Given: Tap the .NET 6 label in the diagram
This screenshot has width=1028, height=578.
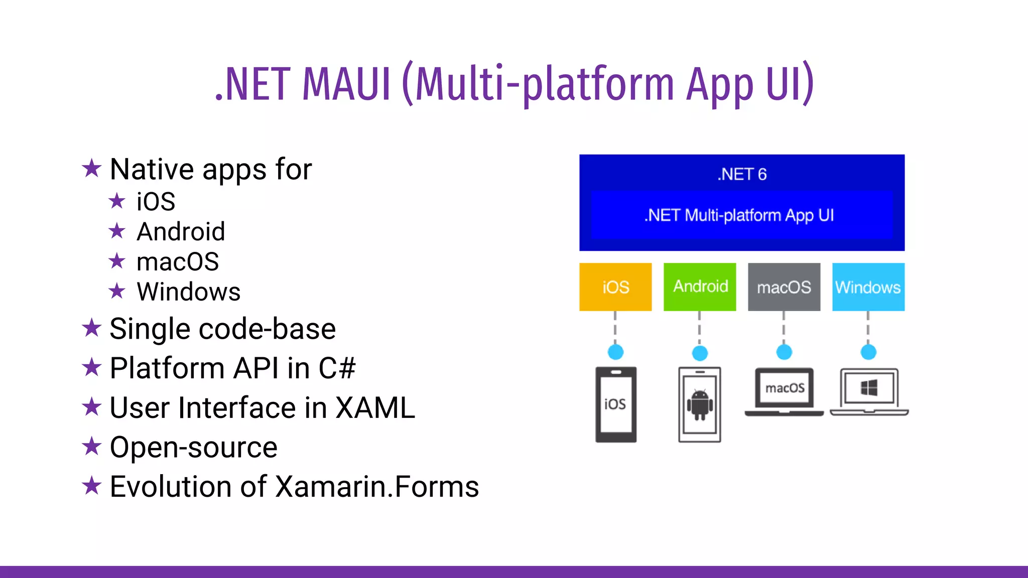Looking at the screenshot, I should [x=742, y=174].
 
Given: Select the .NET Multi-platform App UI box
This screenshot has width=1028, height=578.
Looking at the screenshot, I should [x=742, y=215].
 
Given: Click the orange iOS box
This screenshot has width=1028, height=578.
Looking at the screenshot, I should [x=615, y=287].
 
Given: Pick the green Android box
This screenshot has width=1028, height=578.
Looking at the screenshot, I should [x=700, y=286].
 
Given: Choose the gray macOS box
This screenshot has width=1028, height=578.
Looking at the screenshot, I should [x=784, y=287].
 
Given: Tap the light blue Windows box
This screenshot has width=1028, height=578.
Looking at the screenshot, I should [x=868, y=287].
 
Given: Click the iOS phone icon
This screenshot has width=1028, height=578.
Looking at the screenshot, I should [x=616, y=404].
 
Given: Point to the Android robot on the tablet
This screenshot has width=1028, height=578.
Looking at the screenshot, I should [x=700, y=404].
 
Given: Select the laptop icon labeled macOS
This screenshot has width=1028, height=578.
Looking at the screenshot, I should [x=784, y=391].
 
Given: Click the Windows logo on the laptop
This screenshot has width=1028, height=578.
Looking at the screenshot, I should [x=869, y=388].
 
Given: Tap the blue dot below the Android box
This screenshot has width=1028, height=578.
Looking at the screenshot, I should [x=700, y=353].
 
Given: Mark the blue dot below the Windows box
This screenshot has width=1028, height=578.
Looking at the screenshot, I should [x=868, y=352].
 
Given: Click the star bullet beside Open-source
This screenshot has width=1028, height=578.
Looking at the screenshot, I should [x=92, y=446].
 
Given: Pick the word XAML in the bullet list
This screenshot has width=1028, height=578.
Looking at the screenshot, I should [x=375, y=407].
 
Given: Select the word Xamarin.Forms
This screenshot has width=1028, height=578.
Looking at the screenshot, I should [x=377, y=486].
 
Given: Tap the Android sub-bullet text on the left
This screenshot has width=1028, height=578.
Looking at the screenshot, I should [x=181, y=231].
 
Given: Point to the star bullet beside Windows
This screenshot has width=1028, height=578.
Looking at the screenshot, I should [x=117, y=291].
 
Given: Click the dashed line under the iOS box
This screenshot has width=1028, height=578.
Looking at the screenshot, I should [x=615, y=327].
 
